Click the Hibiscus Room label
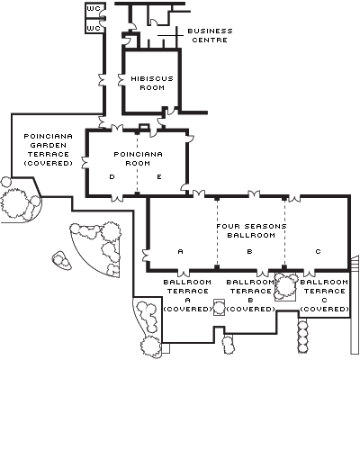pyautogui.click(x=152, y=83)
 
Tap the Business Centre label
pyautogui.click(x=210, y=35)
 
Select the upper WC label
pyautogui.click(x=94, y=9)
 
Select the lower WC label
pyautogui.click(x=94, y=28)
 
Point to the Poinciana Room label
pyautogui.click(x=138, y=158)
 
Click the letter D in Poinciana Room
pyautogui.click(x=112, y=177)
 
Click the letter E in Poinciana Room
pyautogui.click(x=159, y=177)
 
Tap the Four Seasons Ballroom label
pyautogui.click(x=251, y=230)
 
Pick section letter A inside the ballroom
pyautogui.click(x=180, y=251)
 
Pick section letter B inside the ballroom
pyautogui.click(x=249, y=251)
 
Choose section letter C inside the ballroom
pyautogui.click(x=319, y=251)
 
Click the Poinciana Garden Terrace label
pyautogui.click(x=48, y=149)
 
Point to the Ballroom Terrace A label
pyautogui.click(x=187, y=295)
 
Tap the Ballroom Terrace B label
pyautogui.click(x=250, y=295)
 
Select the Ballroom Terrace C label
pyautogui.click(x=324, y=295)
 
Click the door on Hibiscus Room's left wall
pyautogui.click(x=121, y=80)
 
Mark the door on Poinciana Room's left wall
pyautogui.click(x=85, y=162)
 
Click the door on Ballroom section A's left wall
pyautogui.click(x=146, y=256)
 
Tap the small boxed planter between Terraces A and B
pyautogui.click(x=219, y=307)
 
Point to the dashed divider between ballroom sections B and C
pyautogui.click(x=284, y=231)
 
